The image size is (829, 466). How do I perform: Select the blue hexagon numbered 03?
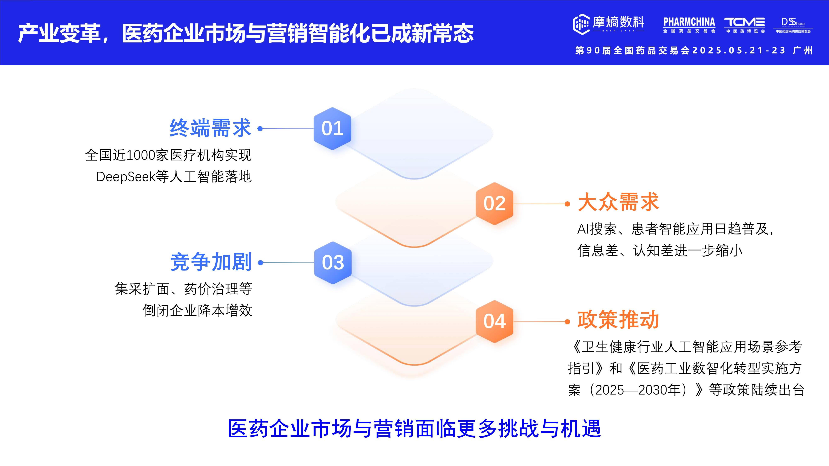pyautogui.click(x=333, y=263)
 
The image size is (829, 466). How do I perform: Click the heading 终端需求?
pyautogui.click(x=210, y=128)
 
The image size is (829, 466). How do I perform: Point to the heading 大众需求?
pyautogui.click(x=618, y=203)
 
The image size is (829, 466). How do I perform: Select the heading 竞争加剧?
pyautogui.click(x=211, y=262)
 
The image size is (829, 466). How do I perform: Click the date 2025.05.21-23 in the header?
pyautogui.click(x=739, y=51)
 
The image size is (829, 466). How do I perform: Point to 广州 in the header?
pyautogui.click(x=803, y=51)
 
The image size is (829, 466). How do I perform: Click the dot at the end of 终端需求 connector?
pyautogui.click(x=260, y=129)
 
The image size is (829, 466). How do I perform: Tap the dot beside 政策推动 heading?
pyautogui.click(x=568, y=322)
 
